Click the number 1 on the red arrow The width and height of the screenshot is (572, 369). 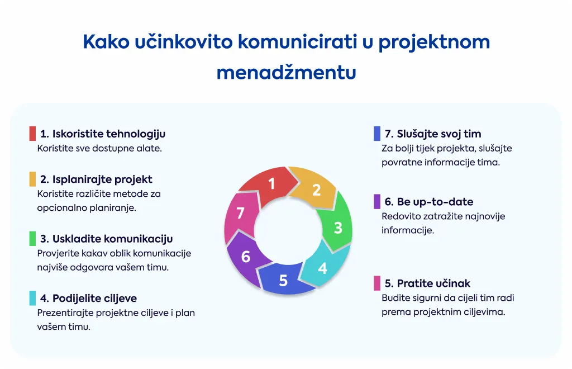[x=271, y=183]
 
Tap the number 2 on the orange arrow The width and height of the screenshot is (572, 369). [x=316, y=190]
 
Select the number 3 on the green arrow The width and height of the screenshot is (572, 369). [x=338, y=228]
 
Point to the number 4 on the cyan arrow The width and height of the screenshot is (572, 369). [x=322, y=268]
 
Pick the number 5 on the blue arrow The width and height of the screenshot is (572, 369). [x=283, y=280]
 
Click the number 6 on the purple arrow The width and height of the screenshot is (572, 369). [x=246, y=257]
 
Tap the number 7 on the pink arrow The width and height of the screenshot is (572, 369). [x=240, y=213]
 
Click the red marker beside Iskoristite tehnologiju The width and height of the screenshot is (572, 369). [x=32, y=134]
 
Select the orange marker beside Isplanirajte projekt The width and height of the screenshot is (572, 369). [x=32, y=179]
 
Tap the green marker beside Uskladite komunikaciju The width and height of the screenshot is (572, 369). [x=32, y=239]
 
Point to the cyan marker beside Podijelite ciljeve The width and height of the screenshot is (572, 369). [x=32, y=298]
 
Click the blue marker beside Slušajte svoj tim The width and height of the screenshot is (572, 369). [x=377, y=134]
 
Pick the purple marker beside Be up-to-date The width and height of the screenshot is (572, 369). [x=377, y=201]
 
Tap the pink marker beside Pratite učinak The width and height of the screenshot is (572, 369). [x=377, y=283]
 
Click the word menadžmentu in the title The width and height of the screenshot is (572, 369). [x=287, y=72]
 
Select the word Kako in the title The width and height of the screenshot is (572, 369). [x=106, y=41]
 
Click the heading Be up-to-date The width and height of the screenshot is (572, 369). [x=429, y=202]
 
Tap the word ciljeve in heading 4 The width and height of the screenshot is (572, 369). [x=119, y=299]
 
